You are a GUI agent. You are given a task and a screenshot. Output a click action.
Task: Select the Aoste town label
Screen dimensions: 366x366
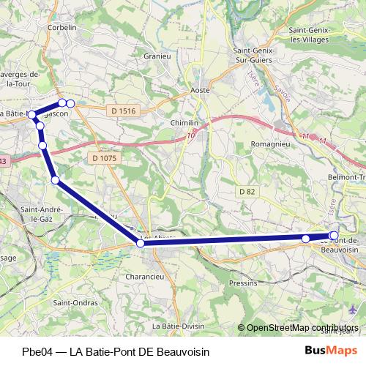(x=200, y=90)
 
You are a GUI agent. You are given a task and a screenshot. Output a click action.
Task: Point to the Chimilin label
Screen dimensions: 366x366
(x=184, y=122)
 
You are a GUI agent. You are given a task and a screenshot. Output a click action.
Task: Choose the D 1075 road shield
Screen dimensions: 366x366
(x=105, y=157)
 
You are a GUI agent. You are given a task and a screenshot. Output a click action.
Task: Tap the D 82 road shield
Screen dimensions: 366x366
(x=248, y=191)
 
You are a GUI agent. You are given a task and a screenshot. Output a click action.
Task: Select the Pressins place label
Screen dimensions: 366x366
(x=243, y=283)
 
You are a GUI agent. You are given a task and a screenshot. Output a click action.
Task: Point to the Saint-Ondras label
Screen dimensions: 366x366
(x=71, y=303)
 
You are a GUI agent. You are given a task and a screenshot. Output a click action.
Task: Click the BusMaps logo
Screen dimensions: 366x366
(x=331, y=350)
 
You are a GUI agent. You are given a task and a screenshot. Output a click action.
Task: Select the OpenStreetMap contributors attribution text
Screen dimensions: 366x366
(x=302, y=328)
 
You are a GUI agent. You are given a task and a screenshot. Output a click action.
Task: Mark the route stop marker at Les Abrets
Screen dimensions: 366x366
(x=141, y=243)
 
